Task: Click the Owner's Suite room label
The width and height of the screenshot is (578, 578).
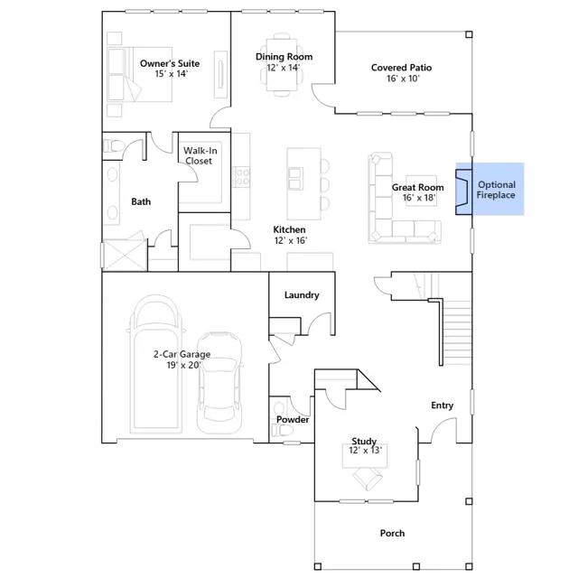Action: (x=170, y=63)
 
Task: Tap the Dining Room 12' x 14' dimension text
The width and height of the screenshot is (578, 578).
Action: (x=284, y=68)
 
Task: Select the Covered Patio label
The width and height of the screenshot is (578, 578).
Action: (x=401, y=68)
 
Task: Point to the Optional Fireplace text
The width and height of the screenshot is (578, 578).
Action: (x=496, y=190)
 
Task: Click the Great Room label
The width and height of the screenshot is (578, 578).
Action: (x=417, y=187)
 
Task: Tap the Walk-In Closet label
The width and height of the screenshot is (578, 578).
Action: (x=200, y=155)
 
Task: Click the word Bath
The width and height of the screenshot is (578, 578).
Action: (x=141, y=201)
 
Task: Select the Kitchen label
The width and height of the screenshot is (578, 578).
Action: (x=289, y=229)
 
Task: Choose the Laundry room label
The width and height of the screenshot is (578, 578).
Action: (x=302, y=295)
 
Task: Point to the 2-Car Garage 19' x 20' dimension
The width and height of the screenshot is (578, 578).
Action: (x=183, y=365)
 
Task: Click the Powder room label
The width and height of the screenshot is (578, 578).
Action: (x=293, y=419)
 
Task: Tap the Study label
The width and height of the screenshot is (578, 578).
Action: (x=364, y=441)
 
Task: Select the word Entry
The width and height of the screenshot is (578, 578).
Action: (x=442, y=406)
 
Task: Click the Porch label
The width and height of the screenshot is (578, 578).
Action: (x=392, y=533)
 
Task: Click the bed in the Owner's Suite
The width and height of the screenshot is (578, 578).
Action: (x=139, y=74)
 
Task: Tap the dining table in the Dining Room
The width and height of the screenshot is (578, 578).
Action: (x=282, y=64)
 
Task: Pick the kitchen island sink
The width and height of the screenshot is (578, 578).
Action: (x=295, y=179)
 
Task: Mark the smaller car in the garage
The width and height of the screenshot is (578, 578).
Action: (x=219, y=383)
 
